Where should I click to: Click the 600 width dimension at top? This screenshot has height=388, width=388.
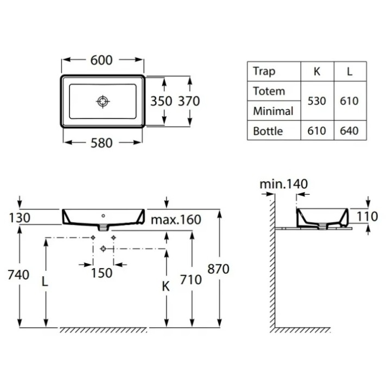[x=101, y=60]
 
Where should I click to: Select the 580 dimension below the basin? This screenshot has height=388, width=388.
[x=101, y=143]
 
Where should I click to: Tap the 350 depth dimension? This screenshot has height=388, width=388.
[x=161, y=101]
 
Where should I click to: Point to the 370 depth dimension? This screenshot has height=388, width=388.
[x=189, y=101]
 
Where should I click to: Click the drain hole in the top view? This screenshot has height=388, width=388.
[x=103, y=101]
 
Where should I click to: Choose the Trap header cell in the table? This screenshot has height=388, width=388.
[x=264, y=72]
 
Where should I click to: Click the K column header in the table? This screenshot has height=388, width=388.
[x=317, y=72]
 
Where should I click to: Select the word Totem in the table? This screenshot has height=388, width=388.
[x=269, y=91]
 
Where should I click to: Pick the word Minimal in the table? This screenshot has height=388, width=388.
[x=273, y=111]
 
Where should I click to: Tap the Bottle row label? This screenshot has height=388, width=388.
[x=268, y=131]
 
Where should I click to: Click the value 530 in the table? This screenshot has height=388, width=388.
[x=317, y=101]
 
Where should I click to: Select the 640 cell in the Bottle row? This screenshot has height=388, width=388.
[x=349, y=131]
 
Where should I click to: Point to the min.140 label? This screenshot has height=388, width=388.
[x=284, y=184]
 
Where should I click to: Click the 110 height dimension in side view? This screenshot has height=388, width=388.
[x=367, y=217]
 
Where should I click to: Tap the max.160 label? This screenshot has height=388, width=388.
[x=176, y=220]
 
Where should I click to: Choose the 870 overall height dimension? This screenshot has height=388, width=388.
[x=218, y=269]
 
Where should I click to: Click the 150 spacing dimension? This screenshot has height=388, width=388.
[x=101, y=273]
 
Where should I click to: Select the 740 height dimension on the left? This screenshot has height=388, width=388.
[x=18, y=275]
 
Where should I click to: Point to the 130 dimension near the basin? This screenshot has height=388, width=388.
[x=20, y=218]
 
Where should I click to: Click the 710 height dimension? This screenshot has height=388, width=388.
[x=191, y=280]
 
